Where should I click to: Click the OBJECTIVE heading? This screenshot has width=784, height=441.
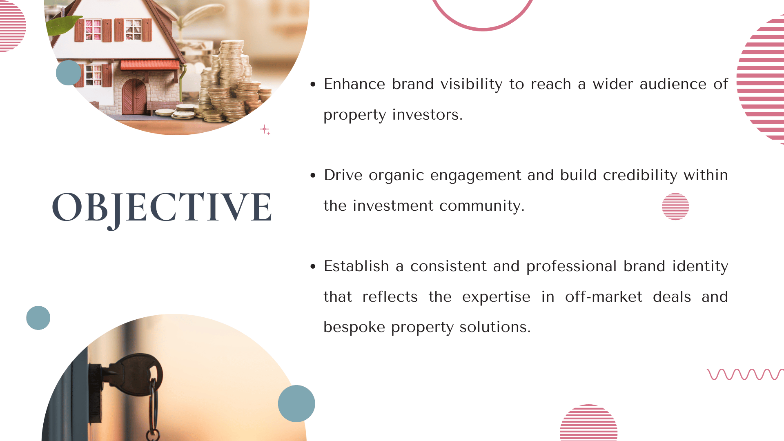tap(162, 208)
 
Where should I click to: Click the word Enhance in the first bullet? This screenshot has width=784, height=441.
tap(354, 84)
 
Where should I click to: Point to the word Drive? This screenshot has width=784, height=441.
tap(343, 175)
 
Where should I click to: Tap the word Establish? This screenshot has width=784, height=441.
tap(356, 266)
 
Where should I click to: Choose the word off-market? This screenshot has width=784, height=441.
tap(604, 297)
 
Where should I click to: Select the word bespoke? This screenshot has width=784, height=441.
tap(354, 327)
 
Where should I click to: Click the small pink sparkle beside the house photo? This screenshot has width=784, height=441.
tap(265, 130)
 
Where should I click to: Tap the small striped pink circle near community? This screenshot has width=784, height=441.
tap(675, 206)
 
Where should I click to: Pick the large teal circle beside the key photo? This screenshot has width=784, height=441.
tap(296, 403)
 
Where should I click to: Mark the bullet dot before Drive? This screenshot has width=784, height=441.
tap(313, 176)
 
